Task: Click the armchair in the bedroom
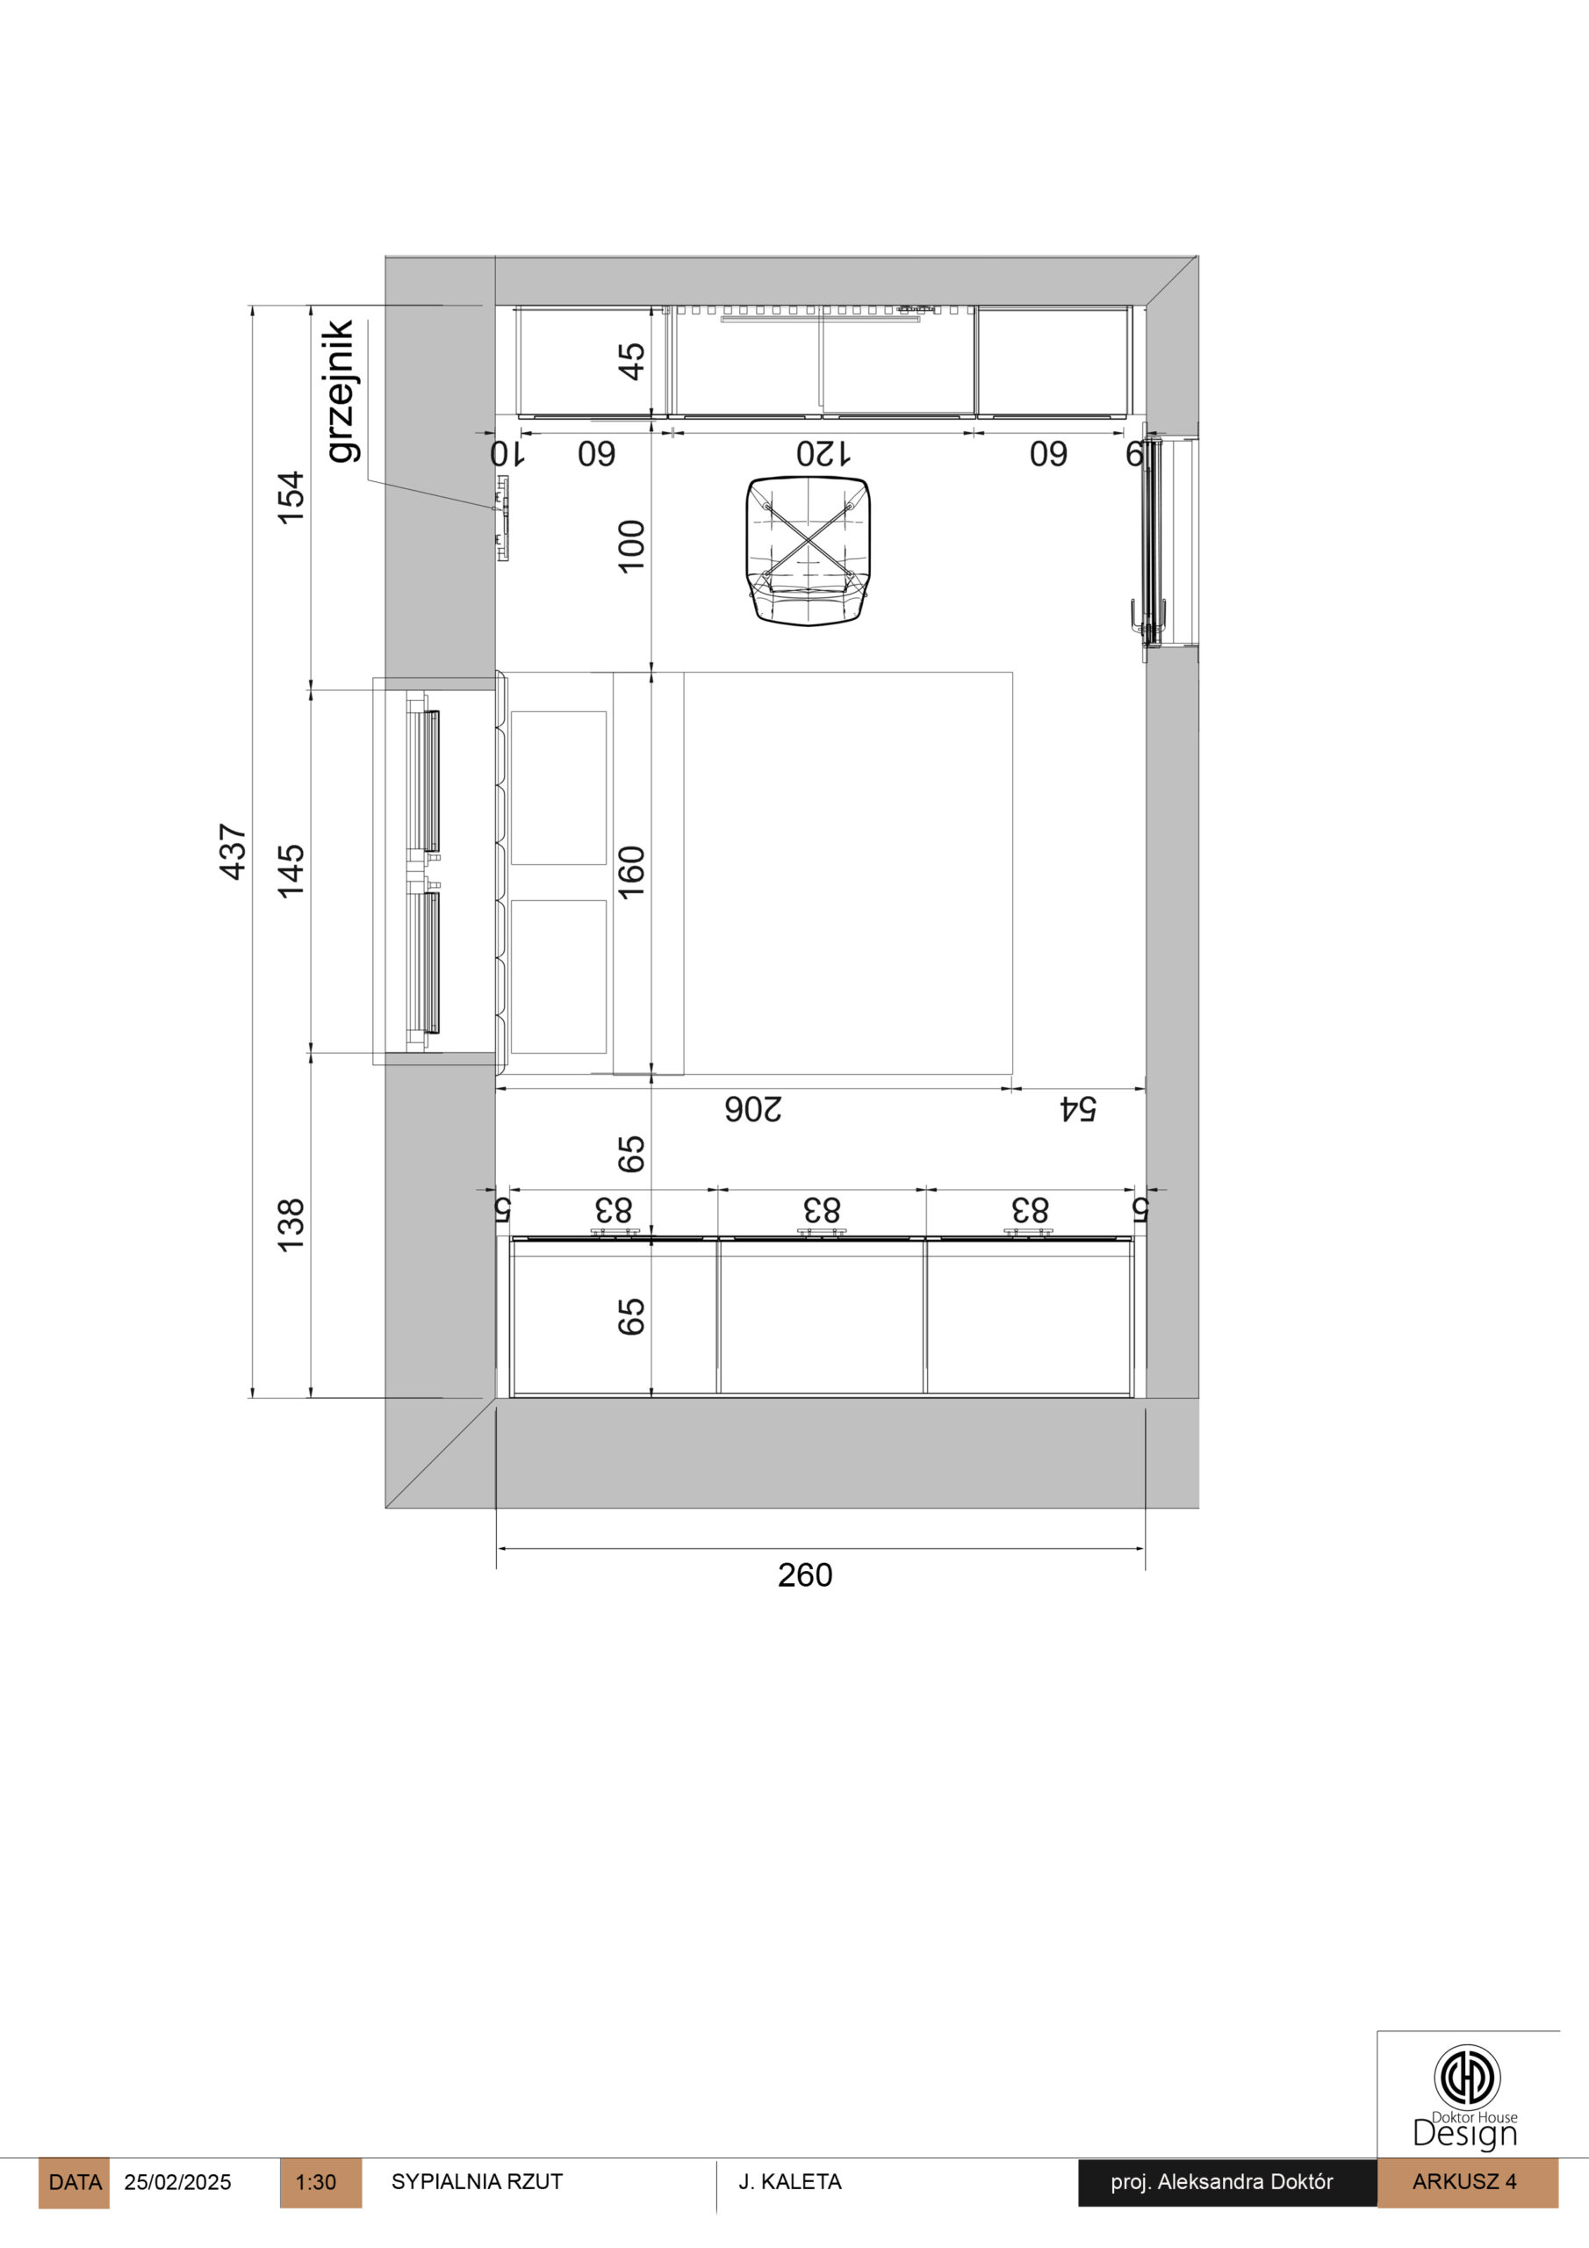[x=808, y=551]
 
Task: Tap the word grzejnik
[x=341, y=391]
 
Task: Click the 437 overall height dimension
[x=232, y=851]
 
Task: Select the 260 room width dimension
[x=805, y=1575]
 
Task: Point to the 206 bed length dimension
[x=753, y=1109]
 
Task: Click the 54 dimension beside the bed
[x=1078, y=1109]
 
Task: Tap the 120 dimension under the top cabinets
[x=823, y=454]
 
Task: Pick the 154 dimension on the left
[x=291, y=499]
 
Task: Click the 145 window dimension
[x=291, y=870]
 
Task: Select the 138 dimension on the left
[x=291, y=1224]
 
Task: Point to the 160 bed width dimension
[x=631, y=870]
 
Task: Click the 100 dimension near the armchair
[x=631, y=545]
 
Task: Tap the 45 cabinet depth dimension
[x=631, y=360]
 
